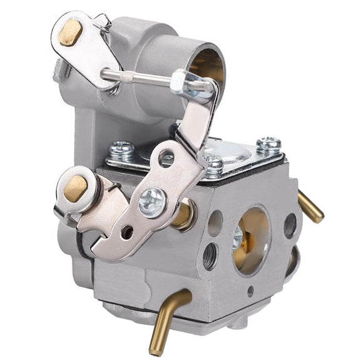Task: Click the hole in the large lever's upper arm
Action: coord(166,158)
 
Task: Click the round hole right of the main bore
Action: coord(290,225)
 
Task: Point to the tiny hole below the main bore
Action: coord(250,290)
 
